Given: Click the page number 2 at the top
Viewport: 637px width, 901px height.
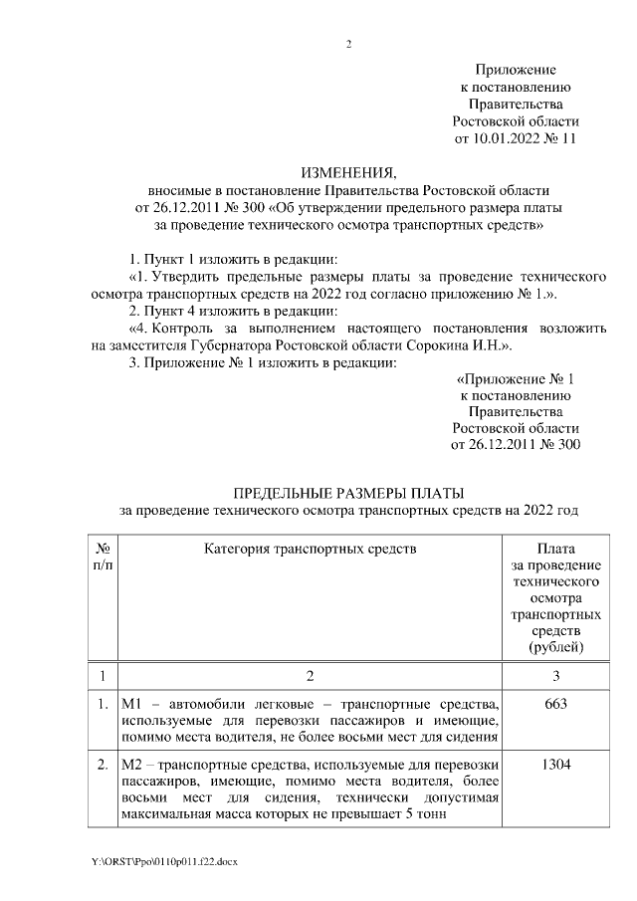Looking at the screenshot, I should click(348, 45).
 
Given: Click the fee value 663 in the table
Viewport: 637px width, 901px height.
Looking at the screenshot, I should click(556, 704).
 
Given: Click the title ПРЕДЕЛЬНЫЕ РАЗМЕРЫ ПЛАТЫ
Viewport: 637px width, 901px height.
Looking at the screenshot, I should click(348, 494).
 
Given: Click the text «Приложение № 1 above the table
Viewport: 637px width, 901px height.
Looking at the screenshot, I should click(515, 379).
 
